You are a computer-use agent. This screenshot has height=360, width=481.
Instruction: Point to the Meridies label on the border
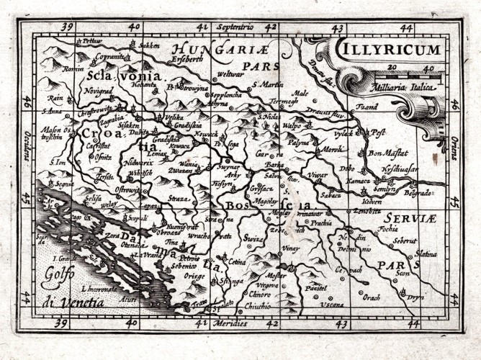(232, 324)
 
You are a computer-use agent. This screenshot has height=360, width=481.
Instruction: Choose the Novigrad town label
(99, 92)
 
